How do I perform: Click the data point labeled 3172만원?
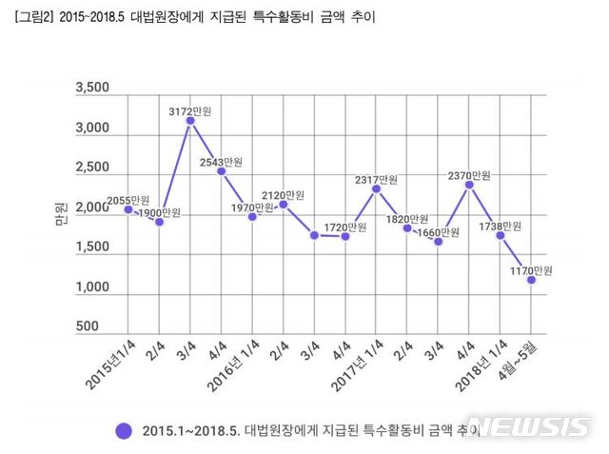pyautogui.click(x=190, y=121)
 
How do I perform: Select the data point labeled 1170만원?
pyautogui.click(x=531, y=280)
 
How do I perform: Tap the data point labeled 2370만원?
pyautogui.click(x=469, y=185)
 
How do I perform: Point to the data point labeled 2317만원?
pyautogui.click(x=376, y=188)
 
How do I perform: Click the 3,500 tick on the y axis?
pyautogui.click(x=91, y=89)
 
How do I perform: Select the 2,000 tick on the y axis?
pyautogui.click(x=91, y=207)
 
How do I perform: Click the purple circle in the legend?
pyautogui.click(x=123, y=429)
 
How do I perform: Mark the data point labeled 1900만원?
pyautogui.click(x=160, y=222)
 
